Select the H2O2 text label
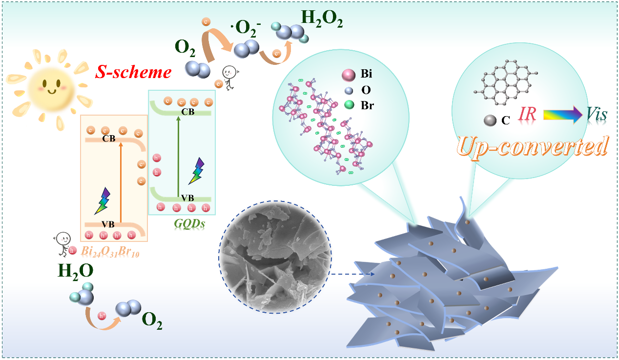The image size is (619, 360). pos(322,18)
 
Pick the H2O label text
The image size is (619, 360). pos(76,271)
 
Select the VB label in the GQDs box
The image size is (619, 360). pos(187,198)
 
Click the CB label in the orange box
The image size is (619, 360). pos(108,139)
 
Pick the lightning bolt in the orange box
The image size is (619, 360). pos(103,201)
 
